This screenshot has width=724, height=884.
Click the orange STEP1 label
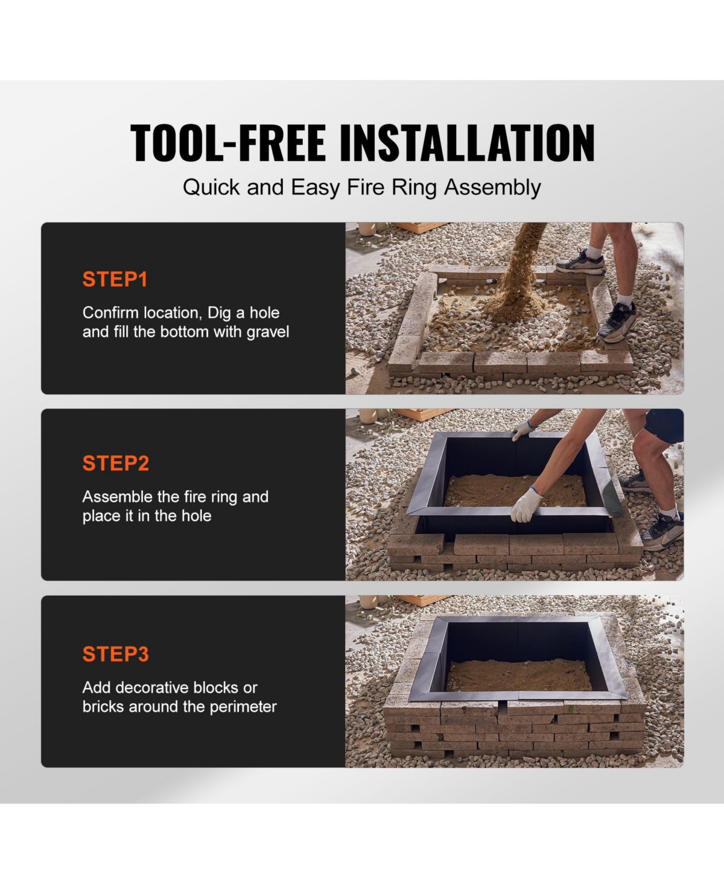[x=115, y=279]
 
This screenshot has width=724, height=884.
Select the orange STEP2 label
[x=116, y=463]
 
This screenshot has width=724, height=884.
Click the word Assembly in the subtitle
[x=492, y=188]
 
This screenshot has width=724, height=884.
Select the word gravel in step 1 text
[x=268, y=332]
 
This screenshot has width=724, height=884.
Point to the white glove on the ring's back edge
[x=522, y=431]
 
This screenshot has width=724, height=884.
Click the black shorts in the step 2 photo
[x=664, y=426]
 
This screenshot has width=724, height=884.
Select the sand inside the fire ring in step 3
[x=519, y=674]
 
